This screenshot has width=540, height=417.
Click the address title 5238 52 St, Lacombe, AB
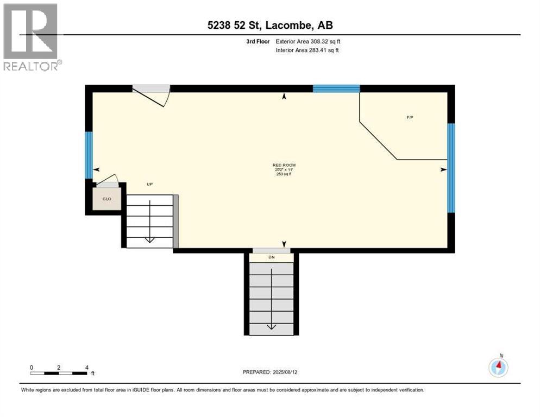click(x=269, y=24)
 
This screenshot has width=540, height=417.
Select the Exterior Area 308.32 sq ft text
click(x=308, y=41)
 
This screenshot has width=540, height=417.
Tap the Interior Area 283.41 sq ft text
click(x=308, y=50)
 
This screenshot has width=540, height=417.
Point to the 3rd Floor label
click(x=258, y=41)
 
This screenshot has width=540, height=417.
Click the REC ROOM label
click(x=284, y=165)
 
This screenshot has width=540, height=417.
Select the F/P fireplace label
click(x=410, y=118)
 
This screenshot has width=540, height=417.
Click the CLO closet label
click(x=107, y=199)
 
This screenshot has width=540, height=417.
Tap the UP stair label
click(x=149, y=184)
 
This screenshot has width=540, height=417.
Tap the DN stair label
click(x=272, y=257)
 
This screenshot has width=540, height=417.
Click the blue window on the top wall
click(x=336, y=89)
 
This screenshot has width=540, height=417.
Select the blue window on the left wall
click(x=89, y=155)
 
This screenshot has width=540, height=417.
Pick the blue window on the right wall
click(x=450, y=167)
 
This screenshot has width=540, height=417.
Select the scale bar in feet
click(x=59, y=373)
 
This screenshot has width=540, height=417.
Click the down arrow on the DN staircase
click(x=271, y=326)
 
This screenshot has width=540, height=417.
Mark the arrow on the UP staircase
click(x=149, y=239)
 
